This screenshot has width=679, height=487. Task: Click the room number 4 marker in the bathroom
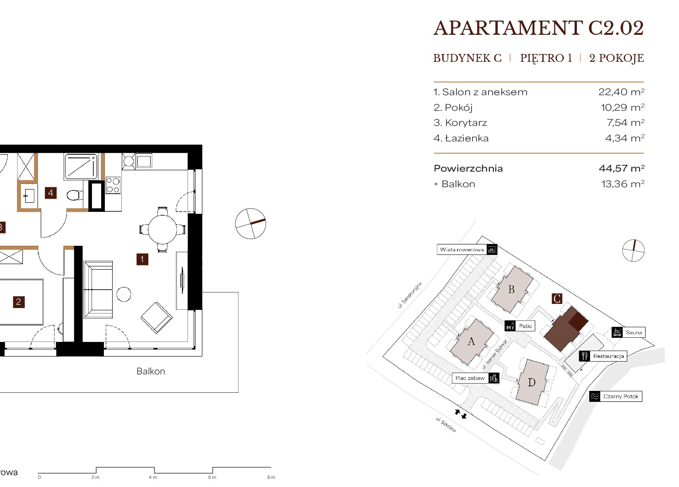[51, 193]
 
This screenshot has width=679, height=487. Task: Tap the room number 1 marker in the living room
[142, 260]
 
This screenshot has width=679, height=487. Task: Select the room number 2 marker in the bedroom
[18, 302]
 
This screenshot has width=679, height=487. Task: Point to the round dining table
[163, 229]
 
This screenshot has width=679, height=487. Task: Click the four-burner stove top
[113, 185]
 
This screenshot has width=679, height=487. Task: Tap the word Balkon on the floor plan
[151, 371]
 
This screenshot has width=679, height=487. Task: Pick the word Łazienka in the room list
[467, 138]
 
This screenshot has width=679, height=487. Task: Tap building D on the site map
[532, 383]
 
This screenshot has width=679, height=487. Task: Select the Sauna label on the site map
[628, 332]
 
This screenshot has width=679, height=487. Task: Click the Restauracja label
[603, 356]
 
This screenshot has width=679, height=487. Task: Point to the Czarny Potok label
[616, 396]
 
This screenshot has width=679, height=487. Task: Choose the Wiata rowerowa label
[467, 250]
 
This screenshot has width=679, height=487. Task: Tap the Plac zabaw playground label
[476, 378]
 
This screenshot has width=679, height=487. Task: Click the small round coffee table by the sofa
[124, 294]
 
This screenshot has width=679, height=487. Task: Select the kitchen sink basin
[144, 161]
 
